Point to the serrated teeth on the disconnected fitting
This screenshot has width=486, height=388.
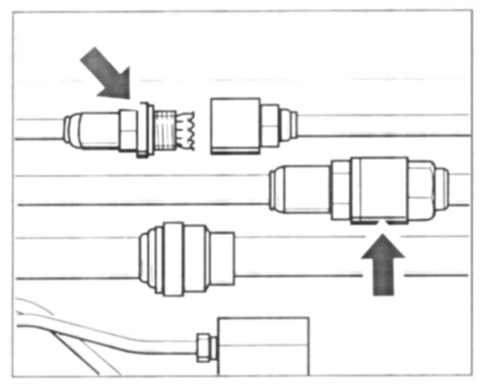pyautogui.click(x=186, y=131)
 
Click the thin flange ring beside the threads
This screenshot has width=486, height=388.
pyautogui.click(x=145, y=129)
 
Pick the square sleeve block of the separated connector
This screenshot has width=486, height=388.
pyautogui.click(x=235, y=125)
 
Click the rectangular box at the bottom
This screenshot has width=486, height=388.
pyautogui.click(x=263, y=345)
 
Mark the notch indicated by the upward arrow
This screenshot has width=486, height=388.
pyautogui.click(x=383, y=221)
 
